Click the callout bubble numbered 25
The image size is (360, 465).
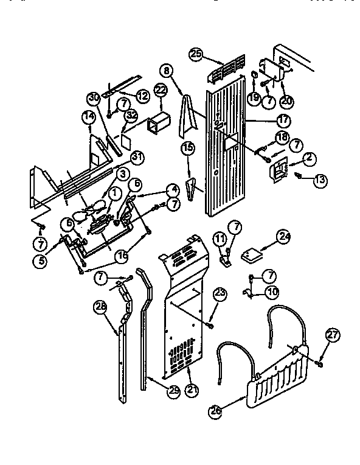[x=195, y=55]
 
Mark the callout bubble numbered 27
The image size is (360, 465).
[x=331, y=334]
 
